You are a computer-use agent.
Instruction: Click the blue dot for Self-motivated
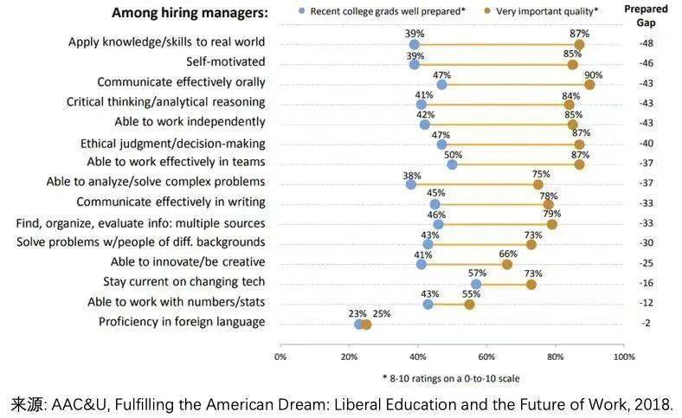point(415,64)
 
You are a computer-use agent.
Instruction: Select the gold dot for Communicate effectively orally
point(589,84)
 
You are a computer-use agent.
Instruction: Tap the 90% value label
point(593,75)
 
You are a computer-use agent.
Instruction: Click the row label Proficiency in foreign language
point(182,322)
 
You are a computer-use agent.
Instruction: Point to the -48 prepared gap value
point(647,43)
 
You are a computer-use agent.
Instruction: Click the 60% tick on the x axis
point(486,357)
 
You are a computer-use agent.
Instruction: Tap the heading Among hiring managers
point(190,13)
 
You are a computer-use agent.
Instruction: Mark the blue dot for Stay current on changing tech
point(476,284)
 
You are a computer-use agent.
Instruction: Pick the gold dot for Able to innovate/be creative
point(507,264)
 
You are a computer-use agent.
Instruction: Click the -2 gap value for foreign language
point(647,323)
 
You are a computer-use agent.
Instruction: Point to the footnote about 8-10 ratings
point(451,378)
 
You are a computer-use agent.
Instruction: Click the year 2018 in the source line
point(653,404)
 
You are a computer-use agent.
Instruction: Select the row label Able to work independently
point(190,122)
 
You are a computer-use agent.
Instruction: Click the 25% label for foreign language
point(381,313)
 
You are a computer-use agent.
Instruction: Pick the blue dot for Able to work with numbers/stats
point(428,304)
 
